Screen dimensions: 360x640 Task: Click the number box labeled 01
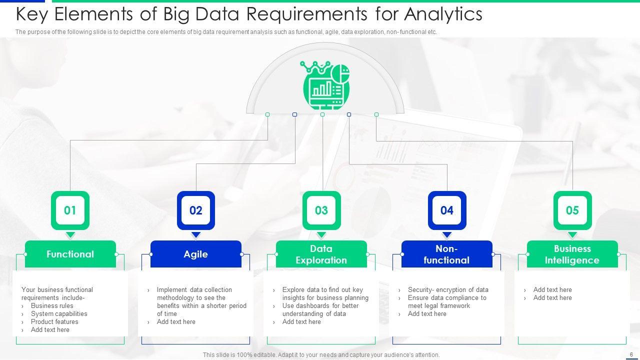70,210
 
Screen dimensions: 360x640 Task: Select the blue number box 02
195,210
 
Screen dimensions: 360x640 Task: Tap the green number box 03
321,210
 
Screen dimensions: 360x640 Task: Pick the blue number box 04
446,210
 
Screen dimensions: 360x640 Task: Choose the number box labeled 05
572,210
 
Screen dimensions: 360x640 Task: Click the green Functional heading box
70,254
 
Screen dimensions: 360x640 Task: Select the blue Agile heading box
195,254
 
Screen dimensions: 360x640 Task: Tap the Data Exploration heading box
321,254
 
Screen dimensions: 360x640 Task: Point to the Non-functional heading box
446,254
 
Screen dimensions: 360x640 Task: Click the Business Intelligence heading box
572,254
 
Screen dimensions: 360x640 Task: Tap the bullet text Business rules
52,305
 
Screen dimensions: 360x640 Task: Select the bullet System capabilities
59,313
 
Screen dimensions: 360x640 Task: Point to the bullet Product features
54,321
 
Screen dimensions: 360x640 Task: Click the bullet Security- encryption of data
448,289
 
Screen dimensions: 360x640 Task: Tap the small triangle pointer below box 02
195,235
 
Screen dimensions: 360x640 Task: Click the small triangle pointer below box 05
572,235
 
